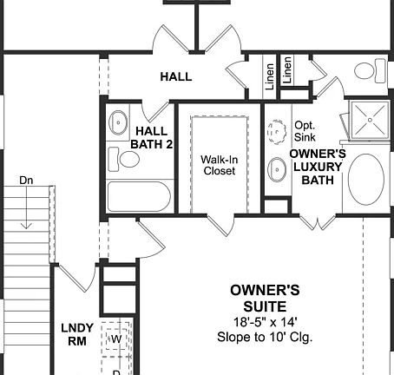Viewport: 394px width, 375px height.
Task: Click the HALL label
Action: tap(175, 76)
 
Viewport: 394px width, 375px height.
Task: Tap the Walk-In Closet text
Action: tap(219, 165)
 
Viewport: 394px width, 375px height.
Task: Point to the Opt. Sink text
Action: tap(305, 131)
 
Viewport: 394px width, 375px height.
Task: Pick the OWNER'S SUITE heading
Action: tap(265, 298)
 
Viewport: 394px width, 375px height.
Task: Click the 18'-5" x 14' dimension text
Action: tap(265, 321)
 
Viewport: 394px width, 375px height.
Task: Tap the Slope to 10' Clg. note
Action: tap(265, 337)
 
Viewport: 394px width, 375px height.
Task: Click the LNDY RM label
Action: tap(73, 334)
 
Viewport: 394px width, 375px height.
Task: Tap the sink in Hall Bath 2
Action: tap(117, 124)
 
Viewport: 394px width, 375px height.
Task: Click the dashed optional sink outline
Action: tap(278, 131)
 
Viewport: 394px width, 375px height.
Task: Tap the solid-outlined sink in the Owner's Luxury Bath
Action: tap(278, 168)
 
